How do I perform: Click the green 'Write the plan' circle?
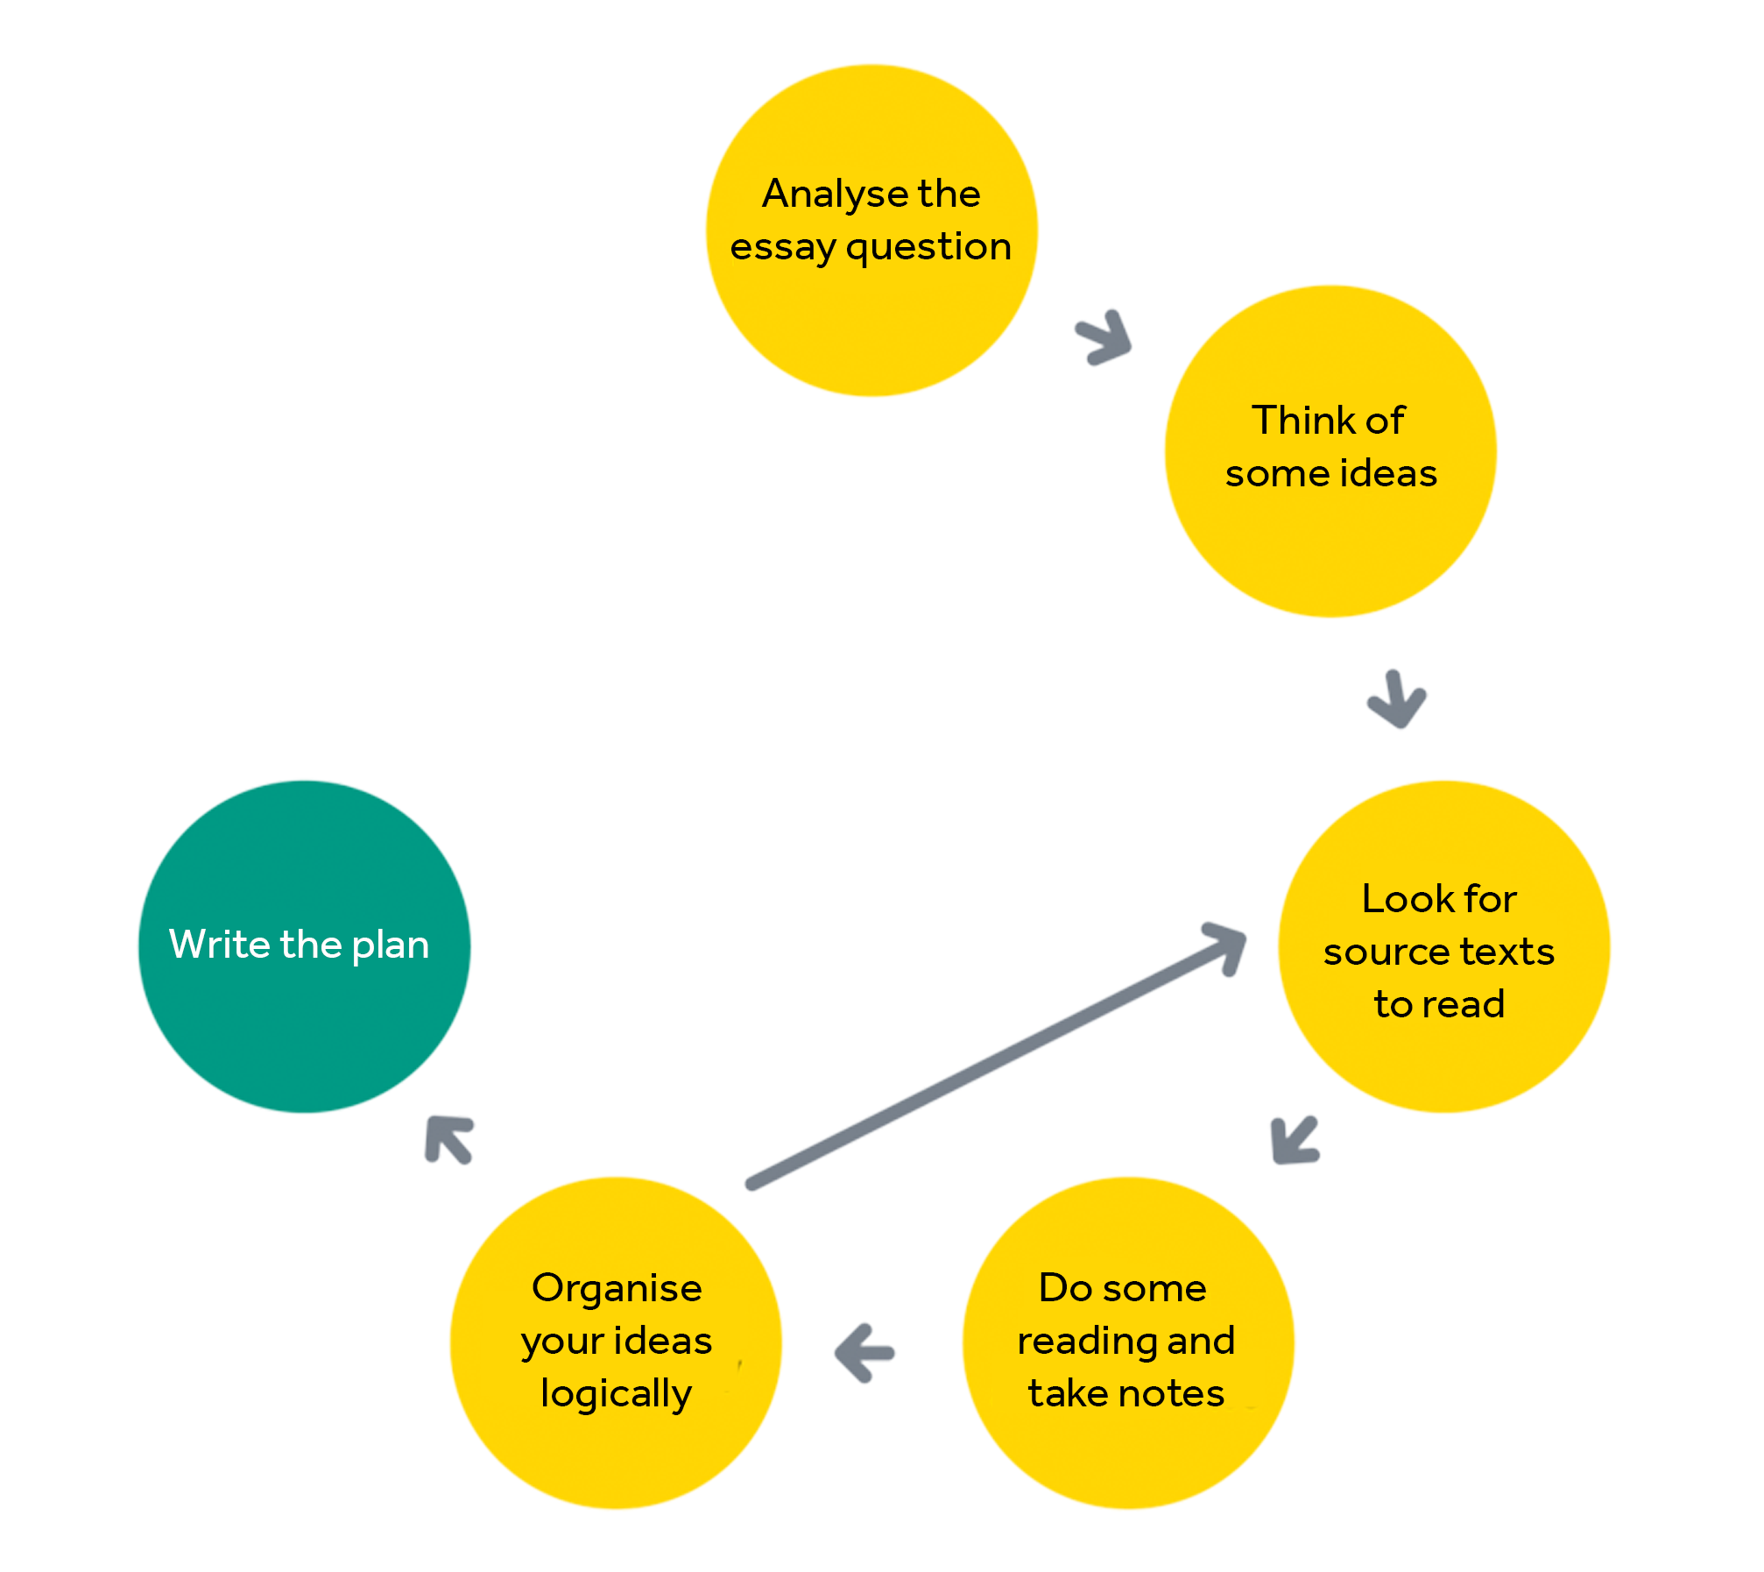304,946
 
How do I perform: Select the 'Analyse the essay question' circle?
871,230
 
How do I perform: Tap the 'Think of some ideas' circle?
1330,451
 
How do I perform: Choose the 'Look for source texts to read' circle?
1443,946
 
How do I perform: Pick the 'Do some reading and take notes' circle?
1128,1342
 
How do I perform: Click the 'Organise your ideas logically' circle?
616,1342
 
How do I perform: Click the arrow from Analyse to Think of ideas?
1105,337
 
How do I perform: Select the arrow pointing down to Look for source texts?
1396,700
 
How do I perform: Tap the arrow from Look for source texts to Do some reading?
1294,1141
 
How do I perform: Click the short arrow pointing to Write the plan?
448,1139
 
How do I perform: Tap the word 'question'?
928,247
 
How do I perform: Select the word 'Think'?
1288,421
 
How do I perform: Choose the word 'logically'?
617,1394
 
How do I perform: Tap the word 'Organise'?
617,1289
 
